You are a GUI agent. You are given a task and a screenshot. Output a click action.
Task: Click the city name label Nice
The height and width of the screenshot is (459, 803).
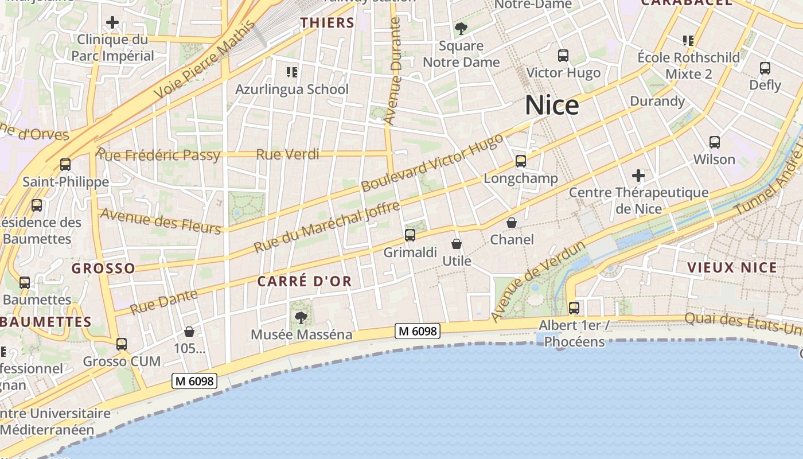(552, 105)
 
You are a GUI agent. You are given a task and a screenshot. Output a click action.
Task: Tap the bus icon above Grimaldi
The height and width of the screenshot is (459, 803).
(410, 235)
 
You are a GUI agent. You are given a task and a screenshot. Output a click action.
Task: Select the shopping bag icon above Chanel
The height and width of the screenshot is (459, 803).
(512, 222)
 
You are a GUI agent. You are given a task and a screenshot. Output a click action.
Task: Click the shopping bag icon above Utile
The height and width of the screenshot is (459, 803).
(457, 244)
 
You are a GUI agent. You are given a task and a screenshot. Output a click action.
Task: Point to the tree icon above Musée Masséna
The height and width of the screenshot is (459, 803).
(301, 317)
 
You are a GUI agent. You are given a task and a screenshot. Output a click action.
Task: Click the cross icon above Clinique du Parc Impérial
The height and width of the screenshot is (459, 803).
(112, 23)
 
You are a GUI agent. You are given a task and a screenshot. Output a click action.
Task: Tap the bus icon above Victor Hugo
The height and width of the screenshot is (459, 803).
(563, 56)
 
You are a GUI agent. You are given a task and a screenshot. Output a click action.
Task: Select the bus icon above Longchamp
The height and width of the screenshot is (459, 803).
(521, 161)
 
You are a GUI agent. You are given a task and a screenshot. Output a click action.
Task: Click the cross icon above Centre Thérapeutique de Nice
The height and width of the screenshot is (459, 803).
(638, 175)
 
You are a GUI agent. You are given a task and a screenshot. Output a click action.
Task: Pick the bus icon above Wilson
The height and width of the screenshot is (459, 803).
(715, 142)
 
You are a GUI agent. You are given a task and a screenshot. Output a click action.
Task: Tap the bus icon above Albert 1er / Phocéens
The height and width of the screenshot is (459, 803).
(574, 308)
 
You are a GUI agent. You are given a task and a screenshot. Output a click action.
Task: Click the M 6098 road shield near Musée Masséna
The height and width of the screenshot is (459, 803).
(418, 330)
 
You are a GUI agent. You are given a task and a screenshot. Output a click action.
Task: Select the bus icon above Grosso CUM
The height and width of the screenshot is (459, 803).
(122, 344)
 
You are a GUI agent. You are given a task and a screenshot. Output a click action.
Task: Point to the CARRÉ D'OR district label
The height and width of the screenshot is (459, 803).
(305, 281)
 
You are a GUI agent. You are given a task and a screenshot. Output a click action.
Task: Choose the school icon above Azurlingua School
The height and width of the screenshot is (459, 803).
(292, 72)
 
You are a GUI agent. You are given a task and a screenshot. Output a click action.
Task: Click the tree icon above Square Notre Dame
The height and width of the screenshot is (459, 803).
(461, 28)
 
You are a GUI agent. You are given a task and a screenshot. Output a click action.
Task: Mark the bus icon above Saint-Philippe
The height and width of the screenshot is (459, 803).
(65, 165)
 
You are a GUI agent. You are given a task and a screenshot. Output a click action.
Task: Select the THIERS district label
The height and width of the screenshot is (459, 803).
(328, 23)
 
